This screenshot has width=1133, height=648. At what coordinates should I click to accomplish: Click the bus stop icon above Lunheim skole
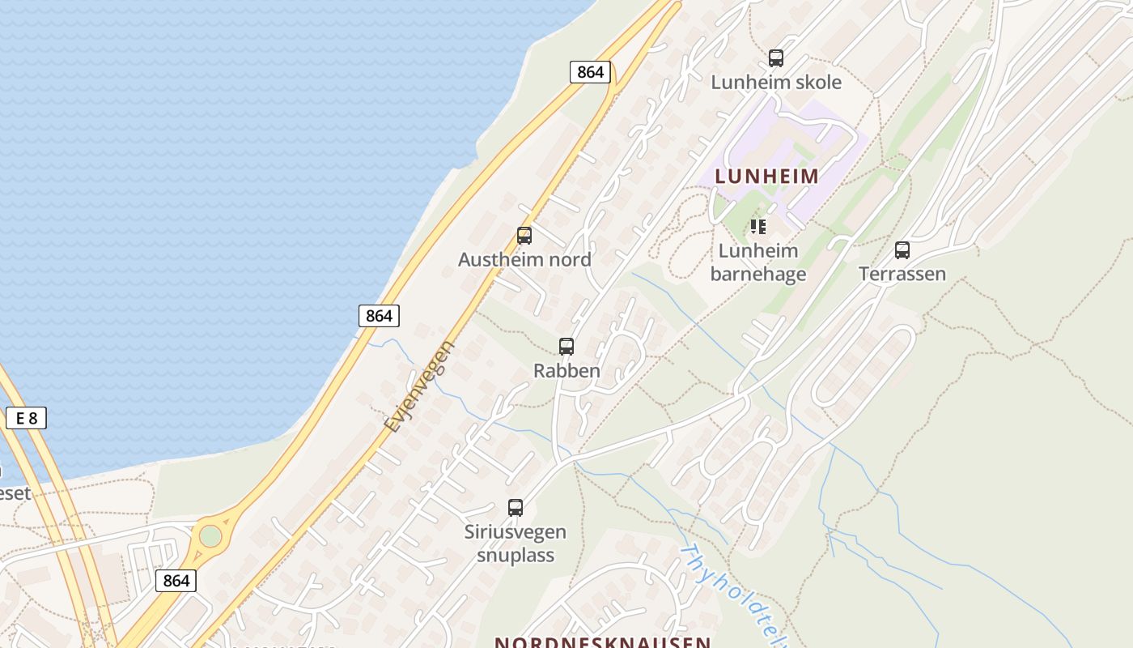click(x=776, y=58)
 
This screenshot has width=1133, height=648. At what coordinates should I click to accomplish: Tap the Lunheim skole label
click(x=776, y=83)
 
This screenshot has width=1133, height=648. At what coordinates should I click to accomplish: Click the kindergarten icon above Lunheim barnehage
click(x=757, y=227)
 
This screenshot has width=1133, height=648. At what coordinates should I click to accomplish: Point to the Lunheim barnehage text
click(x=758, y=262)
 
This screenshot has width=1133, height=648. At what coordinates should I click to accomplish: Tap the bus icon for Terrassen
click(x=902, y=250)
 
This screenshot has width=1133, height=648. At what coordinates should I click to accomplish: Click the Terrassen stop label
click(x=902, y=274)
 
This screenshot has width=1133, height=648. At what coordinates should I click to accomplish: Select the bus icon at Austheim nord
click(x=524, y=236)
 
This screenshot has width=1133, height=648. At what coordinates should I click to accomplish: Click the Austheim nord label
click(x=524, y=260)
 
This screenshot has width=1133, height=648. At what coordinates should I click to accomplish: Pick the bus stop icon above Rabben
click(x=566, y=347)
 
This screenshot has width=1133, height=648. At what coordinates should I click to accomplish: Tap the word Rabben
click(x=566, y=371)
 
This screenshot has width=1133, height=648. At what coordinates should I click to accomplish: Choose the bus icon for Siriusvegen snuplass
click(x=516, y=508)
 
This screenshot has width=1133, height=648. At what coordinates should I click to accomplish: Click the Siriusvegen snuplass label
click(x=516, y=544)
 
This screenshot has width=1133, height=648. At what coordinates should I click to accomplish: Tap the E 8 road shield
click(x=26, y=418)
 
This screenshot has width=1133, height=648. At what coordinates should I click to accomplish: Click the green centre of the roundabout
click(x=210, y=536)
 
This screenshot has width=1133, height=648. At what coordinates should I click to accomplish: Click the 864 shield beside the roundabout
click(x=176, y=580)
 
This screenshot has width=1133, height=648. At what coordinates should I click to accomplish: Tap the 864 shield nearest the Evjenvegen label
click(x=379, y=316)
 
